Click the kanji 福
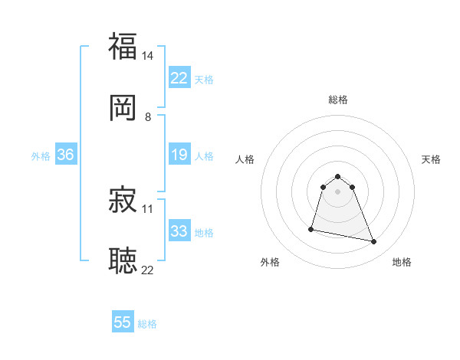tap(123, 47)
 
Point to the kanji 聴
tap(123, 260)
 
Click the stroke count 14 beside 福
tap(148, 56)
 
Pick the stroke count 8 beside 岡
tap(148, 116)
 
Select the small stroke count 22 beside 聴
tap(148, 270)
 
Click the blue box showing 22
tap(179, 78)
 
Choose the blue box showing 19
tap(179, 155)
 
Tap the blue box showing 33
tap(179, 231)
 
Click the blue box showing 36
tap(66, 155)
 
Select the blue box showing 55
tap(123, 322)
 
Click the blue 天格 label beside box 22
tap(204, 80)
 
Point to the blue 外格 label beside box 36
tap(41, 156)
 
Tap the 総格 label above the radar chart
tap(338, 100)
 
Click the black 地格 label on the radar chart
tap(402, 262)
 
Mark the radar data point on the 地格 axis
tap(374, 242)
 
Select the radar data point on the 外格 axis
tap(311, 228)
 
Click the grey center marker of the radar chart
tap(338, 191)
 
